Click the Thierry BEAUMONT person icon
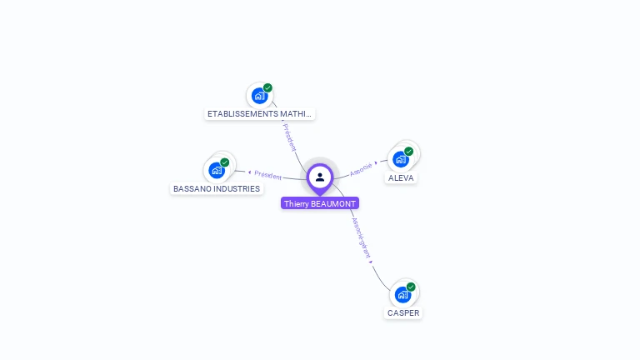320,177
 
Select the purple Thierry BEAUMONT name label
320,203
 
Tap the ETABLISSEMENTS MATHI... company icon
259,97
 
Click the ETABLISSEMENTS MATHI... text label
260,113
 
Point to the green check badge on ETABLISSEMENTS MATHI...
267,87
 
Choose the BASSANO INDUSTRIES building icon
217,171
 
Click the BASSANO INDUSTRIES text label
217,188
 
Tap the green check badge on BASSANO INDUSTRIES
225,162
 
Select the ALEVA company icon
401,159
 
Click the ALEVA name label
401,177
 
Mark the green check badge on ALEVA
409,152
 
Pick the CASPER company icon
402,295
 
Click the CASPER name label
403,313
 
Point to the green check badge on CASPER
411,287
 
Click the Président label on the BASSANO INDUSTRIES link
267,175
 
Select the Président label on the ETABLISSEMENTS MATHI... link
290,137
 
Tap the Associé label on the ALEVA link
362,168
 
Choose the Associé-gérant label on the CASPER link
360,237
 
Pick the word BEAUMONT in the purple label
333,203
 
